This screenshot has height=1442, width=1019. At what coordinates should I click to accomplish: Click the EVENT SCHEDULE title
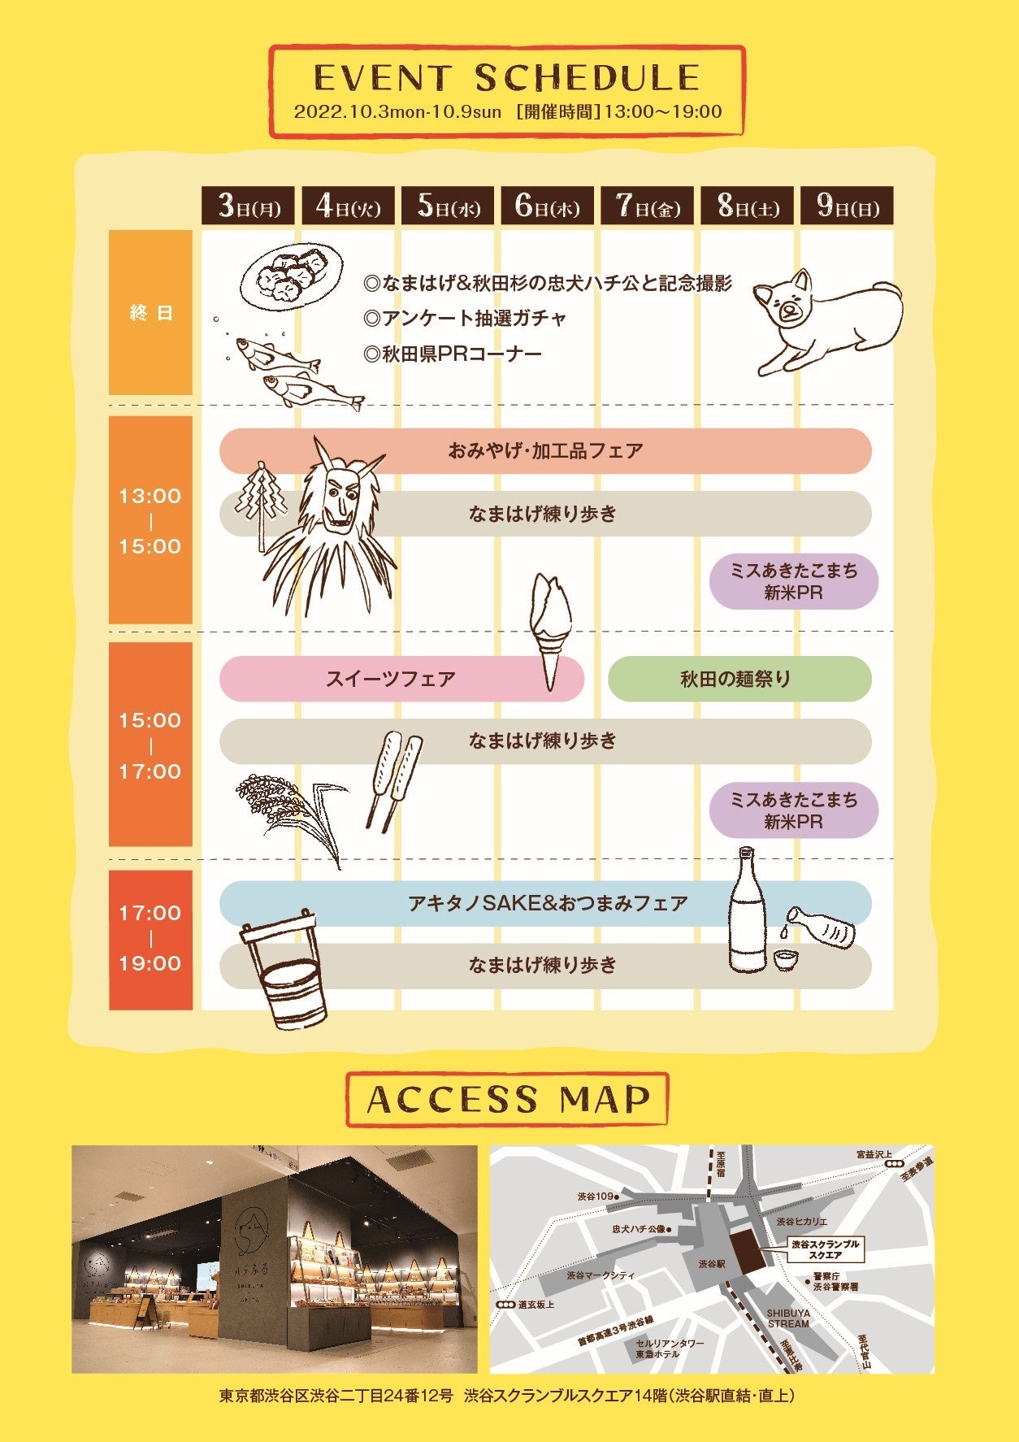point(506,78)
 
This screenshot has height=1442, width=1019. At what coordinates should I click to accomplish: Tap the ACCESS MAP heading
point(508,1100)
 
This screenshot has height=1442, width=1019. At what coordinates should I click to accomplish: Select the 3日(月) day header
point(249,206)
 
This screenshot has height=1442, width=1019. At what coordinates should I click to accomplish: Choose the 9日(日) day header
point(848,206)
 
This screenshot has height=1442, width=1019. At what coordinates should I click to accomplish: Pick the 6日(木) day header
point(548,206)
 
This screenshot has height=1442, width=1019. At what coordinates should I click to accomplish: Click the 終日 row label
point(151,313)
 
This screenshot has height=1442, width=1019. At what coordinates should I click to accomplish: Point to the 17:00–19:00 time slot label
point(150,939)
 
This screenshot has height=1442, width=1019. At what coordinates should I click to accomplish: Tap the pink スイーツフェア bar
point(390,679)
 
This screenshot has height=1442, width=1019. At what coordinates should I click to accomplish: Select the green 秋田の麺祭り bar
point(735,679)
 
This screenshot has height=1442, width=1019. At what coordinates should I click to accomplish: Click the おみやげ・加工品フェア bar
point(544,450)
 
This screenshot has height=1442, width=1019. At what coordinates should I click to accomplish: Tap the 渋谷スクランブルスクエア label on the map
point(825,1249)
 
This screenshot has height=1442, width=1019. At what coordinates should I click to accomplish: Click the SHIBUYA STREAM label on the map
point(787,1318)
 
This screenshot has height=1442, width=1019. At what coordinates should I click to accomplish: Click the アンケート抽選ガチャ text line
point(465,318)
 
